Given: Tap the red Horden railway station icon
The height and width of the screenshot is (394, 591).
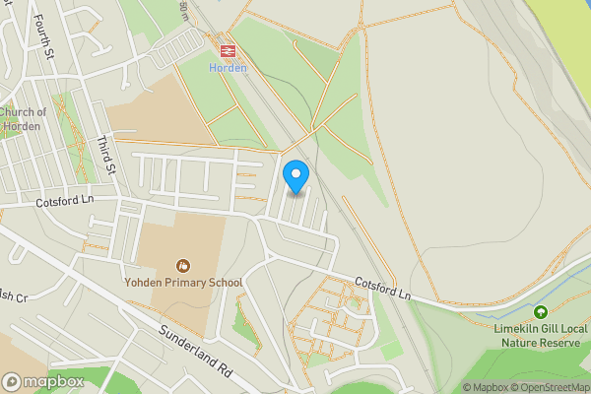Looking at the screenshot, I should click(226, 48).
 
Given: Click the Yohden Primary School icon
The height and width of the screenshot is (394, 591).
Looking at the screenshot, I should click(183, 265).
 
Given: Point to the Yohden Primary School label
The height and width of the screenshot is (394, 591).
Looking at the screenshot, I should click(183, 283).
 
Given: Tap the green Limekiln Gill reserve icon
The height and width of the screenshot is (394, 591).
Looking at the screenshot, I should click(540, 311).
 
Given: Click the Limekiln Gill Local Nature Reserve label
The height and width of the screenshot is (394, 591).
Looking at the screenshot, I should click(539, 335).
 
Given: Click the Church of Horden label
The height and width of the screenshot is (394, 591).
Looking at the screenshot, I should click(24, 119).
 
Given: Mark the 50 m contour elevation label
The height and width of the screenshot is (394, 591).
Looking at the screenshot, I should click(183, 9).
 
